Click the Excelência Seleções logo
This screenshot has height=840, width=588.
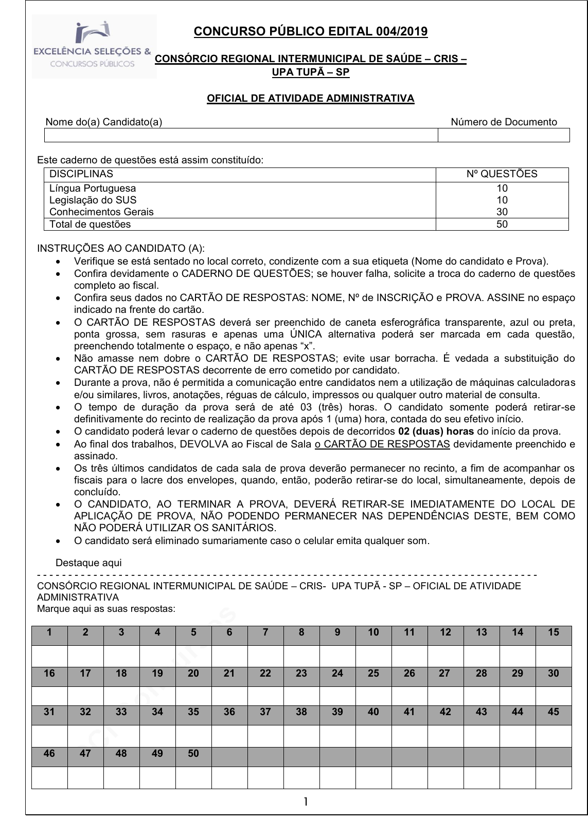[x=94, y=46]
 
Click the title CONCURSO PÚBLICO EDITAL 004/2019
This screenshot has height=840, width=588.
[x=310, y=32]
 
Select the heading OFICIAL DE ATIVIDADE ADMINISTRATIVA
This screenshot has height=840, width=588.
[x=310, y=98]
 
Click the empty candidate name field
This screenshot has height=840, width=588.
[x=241, y=135]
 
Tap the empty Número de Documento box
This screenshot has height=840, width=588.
[x=504, y=135]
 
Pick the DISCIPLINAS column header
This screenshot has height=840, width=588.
[x=81, y=174]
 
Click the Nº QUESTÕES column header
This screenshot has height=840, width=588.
[x=502, y=174]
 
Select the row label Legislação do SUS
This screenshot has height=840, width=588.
[x=93, y=200]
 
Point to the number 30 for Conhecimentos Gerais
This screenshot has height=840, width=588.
[x=502, y=212]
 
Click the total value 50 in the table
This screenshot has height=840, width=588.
[x=502, y=224]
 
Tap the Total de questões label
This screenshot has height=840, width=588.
[x=90, y=224]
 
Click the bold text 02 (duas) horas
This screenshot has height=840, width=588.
[x=429, y=432]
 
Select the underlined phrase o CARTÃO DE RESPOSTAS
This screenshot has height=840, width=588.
[x=382, y=444]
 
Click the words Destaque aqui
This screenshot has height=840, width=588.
[x=88, y=563]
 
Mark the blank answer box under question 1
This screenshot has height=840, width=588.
[x=49, y=656]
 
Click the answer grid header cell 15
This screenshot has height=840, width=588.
[x=554, y=632]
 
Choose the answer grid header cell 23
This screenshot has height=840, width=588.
[x=301, y=674]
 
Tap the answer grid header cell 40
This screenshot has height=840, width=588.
[x=373, y=712]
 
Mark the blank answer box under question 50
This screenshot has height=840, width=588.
[x=193, y=777]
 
